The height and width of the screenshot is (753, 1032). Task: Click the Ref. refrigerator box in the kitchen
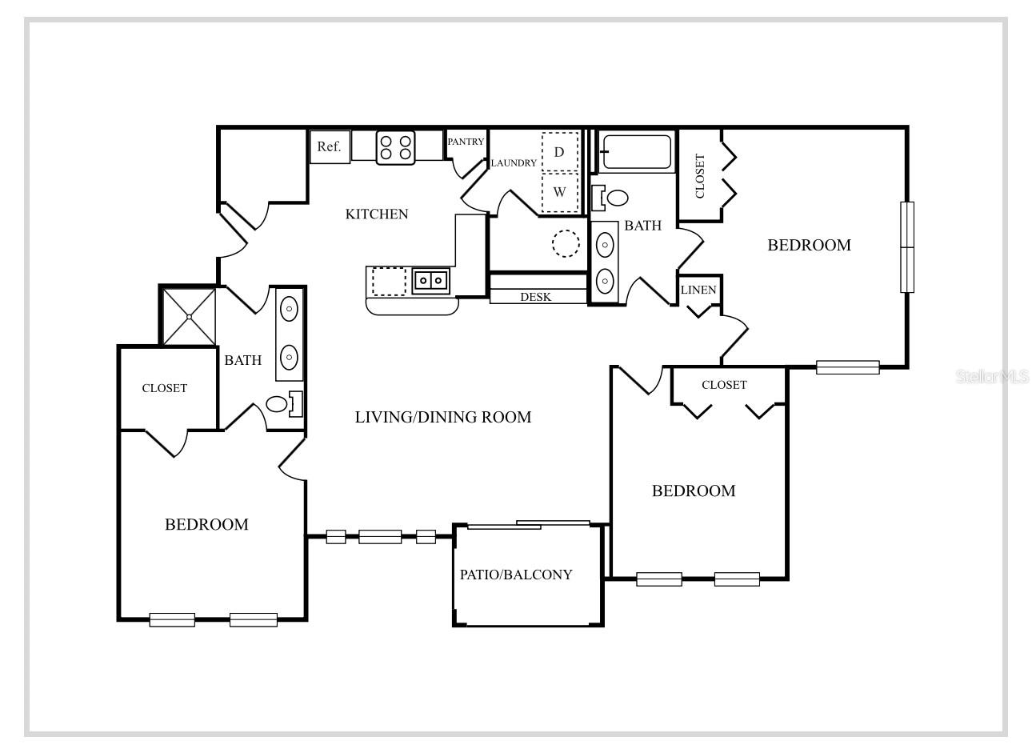(x=330, y=147)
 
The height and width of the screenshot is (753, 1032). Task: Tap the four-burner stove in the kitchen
(x=396, y=147)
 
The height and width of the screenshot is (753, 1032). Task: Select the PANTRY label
(x=466, y=142)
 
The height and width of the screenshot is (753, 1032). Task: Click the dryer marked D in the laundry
(x=560, y=152)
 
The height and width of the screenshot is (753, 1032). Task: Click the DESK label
(x=535, y=297)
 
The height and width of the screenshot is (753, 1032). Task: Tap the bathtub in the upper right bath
(x=636, y=152)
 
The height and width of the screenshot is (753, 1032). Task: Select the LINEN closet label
(x=698, y=290)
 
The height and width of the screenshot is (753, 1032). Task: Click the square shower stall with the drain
(x=190, y=317)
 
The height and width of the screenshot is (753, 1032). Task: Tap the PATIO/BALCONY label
(x=516, y=575)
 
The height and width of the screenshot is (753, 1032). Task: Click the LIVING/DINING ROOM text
(x=443, y=417)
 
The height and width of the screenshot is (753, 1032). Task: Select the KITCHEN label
(x=377, y=214)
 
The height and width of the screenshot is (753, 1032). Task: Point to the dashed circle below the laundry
(x=566, y=243)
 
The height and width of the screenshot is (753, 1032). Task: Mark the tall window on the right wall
(x=907, y=247)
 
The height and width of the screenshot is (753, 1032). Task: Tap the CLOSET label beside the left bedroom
(x=165, y=388)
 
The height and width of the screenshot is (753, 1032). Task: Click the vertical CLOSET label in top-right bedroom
(x=700, y=176)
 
